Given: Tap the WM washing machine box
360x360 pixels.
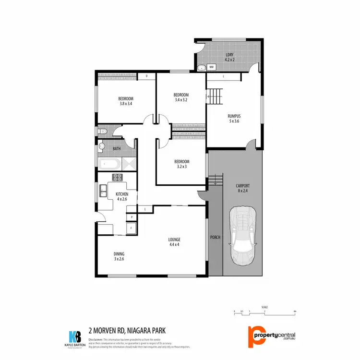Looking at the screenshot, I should pos(211,67).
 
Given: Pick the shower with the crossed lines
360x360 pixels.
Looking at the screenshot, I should pos(129,164).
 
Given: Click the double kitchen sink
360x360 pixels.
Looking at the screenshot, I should pos(102,193).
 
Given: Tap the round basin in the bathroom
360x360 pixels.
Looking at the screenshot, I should pos(102,146).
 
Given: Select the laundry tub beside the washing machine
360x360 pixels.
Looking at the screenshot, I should pos(202,68).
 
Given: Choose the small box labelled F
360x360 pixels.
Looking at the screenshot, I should pos(131,228).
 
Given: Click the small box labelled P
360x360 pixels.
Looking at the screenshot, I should pos(131,217).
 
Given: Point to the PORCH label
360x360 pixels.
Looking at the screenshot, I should pos(215,238).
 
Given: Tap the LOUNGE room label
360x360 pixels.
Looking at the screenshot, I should pos(173,239).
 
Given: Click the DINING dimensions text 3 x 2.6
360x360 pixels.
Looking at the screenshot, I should pos(119,259).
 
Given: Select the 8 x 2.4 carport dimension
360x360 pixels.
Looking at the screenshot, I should pos(243,191).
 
